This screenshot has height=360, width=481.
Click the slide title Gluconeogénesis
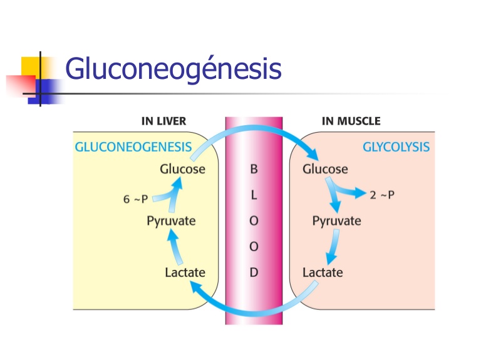(x=173, y=70)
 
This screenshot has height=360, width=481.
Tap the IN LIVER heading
(x=163, y=121)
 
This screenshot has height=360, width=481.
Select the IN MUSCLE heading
(x=351, y=121)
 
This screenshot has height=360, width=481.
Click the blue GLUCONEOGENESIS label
(x=133, y=147)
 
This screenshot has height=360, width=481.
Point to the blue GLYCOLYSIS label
(x=396, y=147)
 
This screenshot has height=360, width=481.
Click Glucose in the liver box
(x=182, y=169)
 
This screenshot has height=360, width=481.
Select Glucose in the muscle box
(x=325, y=169)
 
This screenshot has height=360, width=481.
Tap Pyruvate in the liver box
(x=171, y=220)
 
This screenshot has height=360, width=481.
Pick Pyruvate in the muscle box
(x=336, y=221)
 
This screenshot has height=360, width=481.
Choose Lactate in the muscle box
(x=323, y=272)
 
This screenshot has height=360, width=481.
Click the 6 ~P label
(x=135, y=200)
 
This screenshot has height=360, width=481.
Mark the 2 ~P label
(x=382, y=195)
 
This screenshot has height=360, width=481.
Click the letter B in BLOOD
(x=254, y=170)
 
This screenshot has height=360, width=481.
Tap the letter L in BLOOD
(x=254, y=195)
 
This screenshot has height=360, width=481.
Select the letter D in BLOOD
(x=254, y=273)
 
